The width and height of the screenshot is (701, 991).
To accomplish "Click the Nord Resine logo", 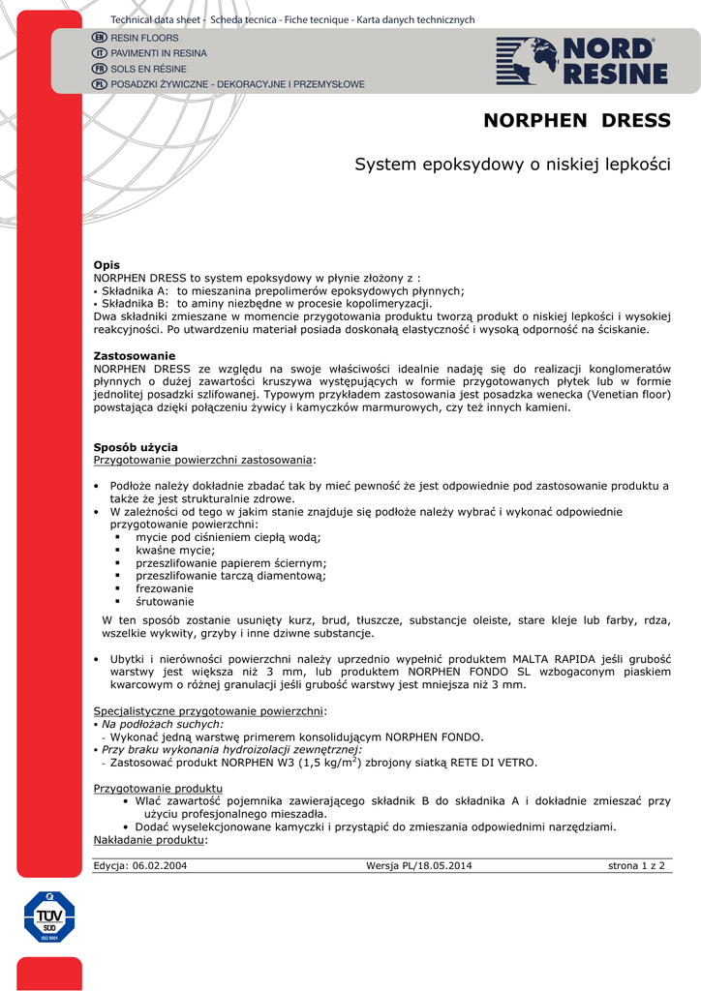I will click(x=582, y=61).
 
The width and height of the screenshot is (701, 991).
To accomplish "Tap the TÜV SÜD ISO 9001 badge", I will click(x=49, y=916).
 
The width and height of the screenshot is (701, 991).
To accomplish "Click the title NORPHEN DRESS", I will click(x=576, y=121).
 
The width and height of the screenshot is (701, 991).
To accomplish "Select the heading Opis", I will click(x=107, y=265).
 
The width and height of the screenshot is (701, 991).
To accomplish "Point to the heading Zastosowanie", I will click(x=135, y=356).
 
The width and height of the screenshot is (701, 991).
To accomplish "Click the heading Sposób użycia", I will click(x=136, y=447).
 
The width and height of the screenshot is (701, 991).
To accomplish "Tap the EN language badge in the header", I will click(x=99, y=37).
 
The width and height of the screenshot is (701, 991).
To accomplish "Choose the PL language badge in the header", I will click(x=99, y=84).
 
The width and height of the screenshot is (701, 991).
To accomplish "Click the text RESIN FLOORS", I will click(x=144, y=37).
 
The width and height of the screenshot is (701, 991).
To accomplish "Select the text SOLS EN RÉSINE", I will click(x=148, y=69).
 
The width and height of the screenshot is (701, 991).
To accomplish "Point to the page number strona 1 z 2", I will click(x=636, y=866).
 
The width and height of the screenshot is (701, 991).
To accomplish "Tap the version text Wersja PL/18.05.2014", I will click(x=419, y=866).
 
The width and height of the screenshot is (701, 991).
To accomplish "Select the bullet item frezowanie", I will click(x=165, y=588).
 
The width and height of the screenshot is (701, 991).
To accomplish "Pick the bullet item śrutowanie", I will click(x=165, y=602).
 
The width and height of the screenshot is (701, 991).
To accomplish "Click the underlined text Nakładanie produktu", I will click(x=149, y=840).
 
